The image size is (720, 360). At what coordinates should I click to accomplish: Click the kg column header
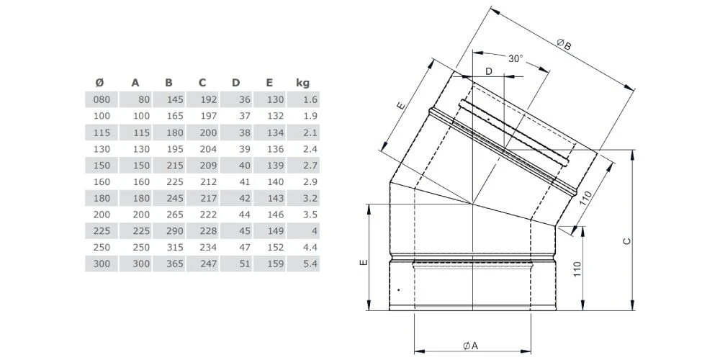point(302,83)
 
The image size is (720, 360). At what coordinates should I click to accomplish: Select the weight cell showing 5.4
point(310,265)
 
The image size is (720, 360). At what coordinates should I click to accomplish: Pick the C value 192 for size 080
point(209,100)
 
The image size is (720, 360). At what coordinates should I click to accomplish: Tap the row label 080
point(103,100)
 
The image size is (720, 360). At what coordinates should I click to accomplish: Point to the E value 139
point(276,166)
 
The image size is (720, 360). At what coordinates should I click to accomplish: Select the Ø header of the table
point(99,83)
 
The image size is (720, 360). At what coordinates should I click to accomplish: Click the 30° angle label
point(515,58)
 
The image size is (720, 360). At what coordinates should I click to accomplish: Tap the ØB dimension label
point(564,45)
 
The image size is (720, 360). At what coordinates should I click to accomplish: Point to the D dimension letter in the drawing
point(489,71)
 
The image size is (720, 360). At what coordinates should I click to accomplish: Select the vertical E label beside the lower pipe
point(363,262)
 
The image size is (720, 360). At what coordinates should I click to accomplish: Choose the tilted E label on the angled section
point(401,106)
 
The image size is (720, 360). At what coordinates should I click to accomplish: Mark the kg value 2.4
point(310,149)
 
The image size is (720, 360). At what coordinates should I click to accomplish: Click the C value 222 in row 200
point(209,215)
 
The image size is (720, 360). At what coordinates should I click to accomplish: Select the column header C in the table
point(202,83)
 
